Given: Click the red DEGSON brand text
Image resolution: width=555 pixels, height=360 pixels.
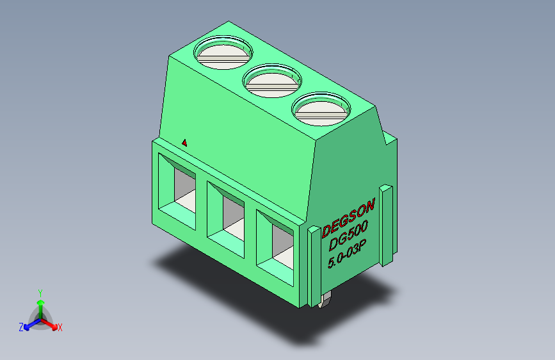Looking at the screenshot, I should click(348, 217).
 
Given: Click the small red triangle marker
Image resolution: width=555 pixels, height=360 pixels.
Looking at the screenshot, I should click(184, 142).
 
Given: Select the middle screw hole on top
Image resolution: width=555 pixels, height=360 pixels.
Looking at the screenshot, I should click(273, 79).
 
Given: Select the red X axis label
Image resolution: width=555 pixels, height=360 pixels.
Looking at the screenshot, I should click(60, 327).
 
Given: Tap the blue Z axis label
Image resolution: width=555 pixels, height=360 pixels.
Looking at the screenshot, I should click(20, 327).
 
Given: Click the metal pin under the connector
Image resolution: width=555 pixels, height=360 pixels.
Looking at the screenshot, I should click(324, 302).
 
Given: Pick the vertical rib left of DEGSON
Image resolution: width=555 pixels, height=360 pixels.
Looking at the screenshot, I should click(313, 266).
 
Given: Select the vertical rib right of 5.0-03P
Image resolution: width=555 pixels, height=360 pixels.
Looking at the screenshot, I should click(386, 224).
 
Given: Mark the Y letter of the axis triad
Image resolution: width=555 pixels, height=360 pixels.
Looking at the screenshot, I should click(40, 292).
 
